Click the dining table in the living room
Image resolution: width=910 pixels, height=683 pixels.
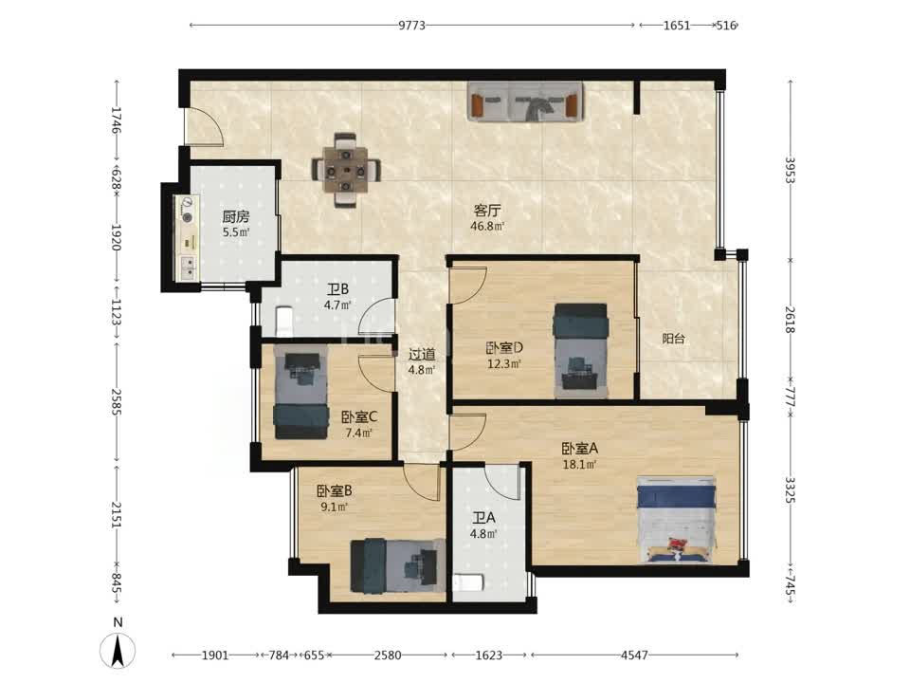click(347, 170)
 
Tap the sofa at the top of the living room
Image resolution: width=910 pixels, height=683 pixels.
click(525, 102)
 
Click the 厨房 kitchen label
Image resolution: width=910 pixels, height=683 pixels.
click(236, 217)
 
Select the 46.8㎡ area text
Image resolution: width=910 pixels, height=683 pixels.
click(487, 226)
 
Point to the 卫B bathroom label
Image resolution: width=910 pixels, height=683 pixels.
click(337, 289)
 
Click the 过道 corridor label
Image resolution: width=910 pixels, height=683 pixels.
click(422, 354)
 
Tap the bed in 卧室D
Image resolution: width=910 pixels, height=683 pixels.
click(581, 351)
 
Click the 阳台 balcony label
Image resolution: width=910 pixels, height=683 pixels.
click(673, 339)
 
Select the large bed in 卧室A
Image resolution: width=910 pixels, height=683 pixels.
click(677, 520)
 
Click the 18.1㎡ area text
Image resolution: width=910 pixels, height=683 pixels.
click(580, 464)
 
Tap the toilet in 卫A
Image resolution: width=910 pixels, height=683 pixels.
click(467, 582)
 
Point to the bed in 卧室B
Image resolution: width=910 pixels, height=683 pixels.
click(397, 565)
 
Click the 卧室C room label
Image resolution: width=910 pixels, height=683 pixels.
click(359, 417)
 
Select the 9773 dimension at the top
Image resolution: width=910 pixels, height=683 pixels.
click(411, 26)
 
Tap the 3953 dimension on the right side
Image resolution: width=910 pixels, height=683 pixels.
click(790, 170)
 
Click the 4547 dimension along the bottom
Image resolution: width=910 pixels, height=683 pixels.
click(634, 655)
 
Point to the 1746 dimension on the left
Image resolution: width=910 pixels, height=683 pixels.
click(116, 120)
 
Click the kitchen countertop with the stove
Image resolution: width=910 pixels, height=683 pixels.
click(187, 238)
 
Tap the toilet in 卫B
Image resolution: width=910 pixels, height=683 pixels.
click(283, 322)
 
